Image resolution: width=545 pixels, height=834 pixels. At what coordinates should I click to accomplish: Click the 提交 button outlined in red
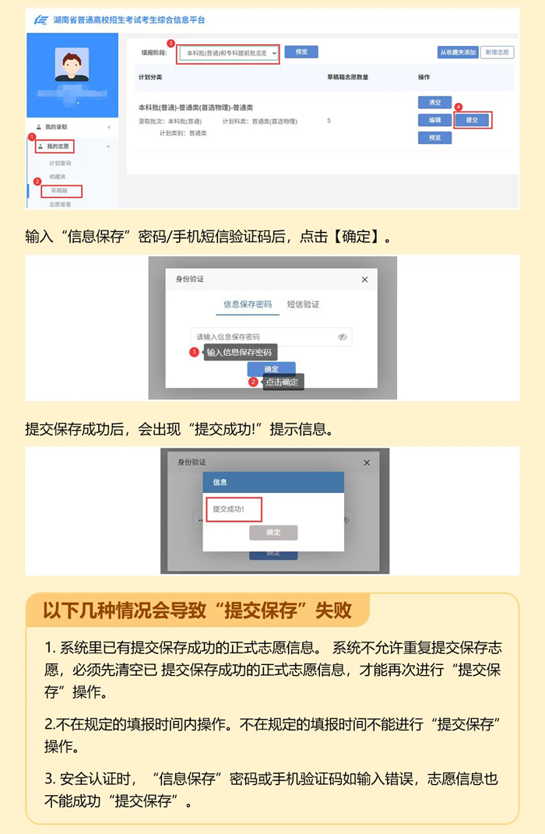tap(472, 120)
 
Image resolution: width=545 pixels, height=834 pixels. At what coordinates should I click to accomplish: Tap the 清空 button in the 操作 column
tap(434, 103)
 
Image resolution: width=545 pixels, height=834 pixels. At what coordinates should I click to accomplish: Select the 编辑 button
tap(434, 120)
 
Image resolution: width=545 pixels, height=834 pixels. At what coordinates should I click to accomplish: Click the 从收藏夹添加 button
tap(458, 52)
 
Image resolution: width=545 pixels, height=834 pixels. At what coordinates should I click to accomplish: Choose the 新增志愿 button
tap(497, 52)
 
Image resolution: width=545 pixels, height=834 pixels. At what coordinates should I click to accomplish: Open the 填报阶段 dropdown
tap(227, 52)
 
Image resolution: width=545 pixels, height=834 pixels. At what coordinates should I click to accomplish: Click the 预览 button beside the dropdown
tap(301, 52)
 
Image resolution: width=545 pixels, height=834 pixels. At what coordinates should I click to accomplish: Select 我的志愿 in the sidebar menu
tap(56, 146)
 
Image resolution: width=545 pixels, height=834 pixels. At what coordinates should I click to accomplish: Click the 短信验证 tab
tap(303, 304)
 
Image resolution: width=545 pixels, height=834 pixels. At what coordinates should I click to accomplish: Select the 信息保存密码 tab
tap(248, 304)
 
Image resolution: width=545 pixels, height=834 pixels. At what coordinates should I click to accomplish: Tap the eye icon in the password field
tap(343, 337)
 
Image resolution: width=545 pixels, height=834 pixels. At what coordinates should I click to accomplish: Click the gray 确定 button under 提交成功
tap(273, 533)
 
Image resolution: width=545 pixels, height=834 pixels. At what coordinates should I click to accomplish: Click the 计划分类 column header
tap(150, 78)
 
